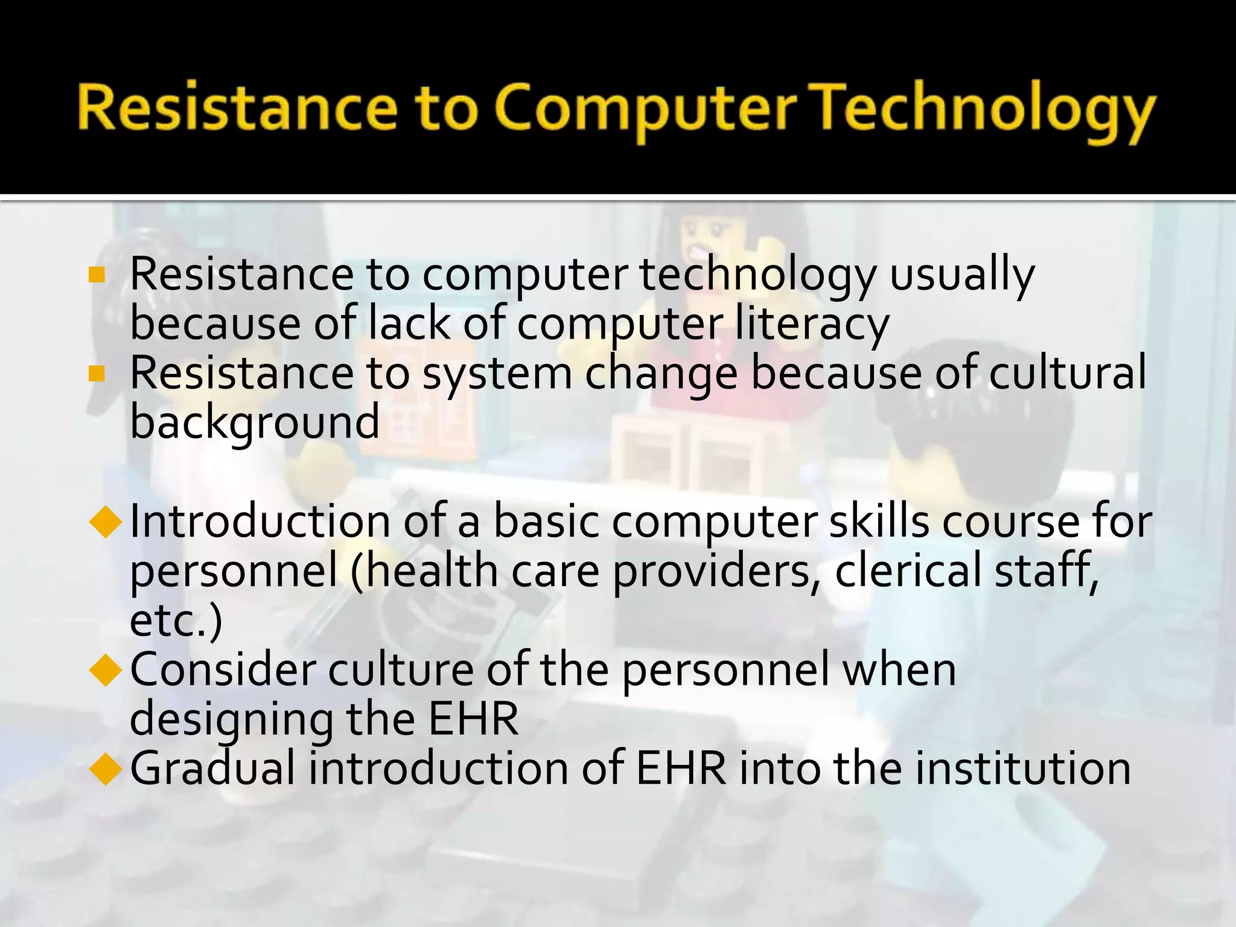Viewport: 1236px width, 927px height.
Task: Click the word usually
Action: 962,275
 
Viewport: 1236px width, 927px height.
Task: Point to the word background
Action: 255,422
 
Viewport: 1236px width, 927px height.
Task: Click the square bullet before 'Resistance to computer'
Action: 97,275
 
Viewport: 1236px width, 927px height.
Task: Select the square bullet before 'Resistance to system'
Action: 97,374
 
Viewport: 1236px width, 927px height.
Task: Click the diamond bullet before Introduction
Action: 106,522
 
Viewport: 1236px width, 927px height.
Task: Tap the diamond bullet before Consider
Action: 106,671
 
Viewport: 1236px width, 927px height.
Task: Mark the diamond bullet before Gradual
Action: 106,769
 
